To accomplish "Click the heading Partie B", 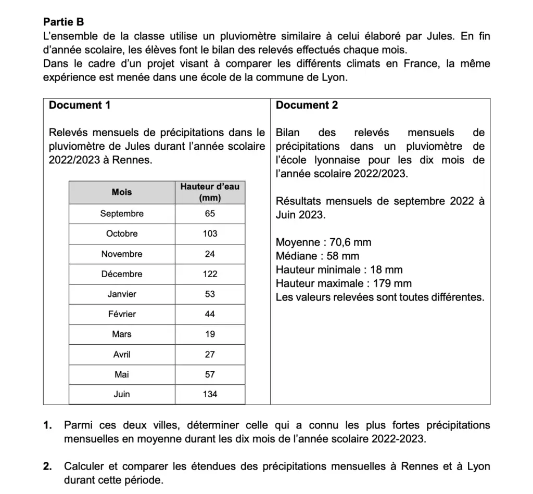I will pos(63,22).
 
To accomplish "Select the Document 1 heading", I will pos(80,105).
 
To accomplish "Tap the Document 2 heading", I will pos(307,105).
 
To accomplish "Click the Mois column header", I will pos(122,192).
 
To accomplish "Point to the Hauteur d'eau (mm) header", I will pos(210,192).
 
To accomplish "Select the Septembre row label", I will pos(122,214).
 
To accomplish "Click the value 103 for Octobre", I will pos(210,234).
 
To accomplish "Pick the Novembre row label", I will pos(122,254).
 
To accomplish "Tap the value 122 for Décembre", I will pos(210,274).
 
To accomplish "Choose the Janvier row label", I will pos(122,294).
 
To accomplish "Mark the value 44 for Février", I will pos(210,314).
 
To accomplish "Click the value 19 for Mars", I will pos(210,334).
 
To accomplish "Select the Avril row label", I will pos(122,354).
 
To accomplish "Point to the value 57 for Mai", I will pos(210,374).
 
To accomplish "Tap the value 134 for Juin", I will pos(210,394).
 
